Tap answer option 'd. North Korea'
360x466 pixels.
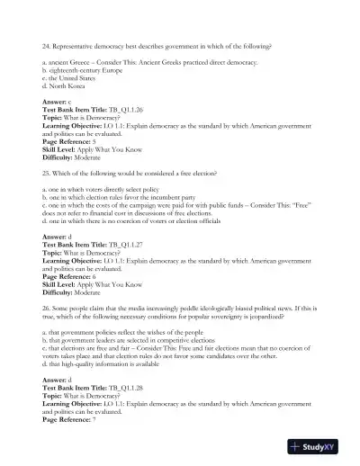67,86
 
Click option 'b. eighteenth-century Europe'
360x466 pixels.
85,70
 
